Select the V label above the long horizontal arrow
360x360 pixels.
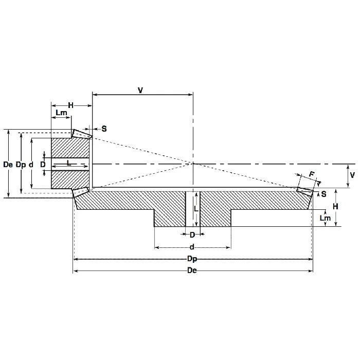click(x=140, y=90)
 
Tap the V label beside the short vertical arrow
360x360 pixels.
click(x=352, y=175)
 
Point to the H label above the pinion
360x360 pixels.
click(x=71, y=105)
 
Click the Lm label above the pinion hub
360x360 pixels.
click(x=61, y=113)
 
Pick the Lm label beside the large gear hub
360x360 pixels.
click(x=325, y=218)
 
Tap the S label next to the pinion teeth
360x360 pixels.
click(x=104, y=129)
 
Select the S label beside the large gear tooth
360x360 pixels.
click(x=323, y=194)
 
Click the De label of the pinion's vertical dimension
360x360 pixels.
click(x=8, y=165)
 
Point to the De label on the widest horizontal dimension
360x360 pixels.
click(x=193, y=271)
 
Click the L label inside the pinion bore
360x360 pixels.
click(x=68, y=163)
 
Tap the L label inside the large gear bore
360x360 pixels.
click(x=195, y=209)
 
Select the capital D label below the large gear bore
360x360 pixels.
click(x=192, y=234)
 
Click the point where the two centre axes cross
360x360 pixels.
click(x=193, y=164)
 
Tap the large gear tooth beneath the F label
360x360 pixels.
click(x=305, y=192)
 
